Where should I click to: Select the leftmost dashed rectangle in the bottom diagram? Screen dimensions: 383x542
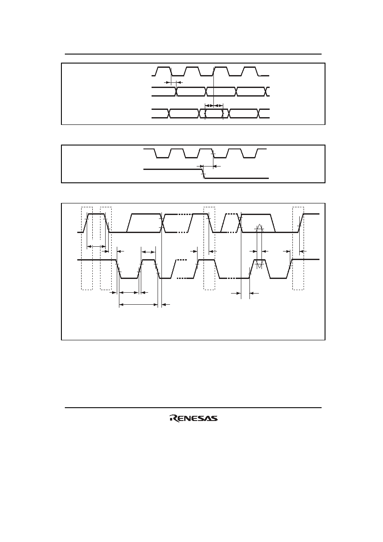pyautogui.click(x=87, y=248)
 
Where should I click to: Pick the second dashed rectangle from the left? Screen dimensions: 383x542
pyautogui.click(x=106, y=248)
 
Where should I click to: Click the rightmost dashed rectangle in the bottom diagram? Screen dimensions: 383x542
pyautogui.click(x=298, y=248)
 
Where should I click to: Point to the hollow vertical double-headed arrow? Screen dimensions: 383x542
pyautogui.click(x=259, y=246)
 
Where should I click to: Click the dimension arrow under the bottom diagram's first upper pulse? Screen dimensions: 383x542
pyautogui.click(x=96, y=247)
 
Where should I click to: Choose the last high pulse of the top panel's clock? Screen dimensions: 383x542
pyautogui.click(x=250, y=71)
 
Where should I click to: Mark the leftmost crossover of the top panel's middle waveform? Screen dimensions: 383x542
pyautogui.click(x=176, y=91)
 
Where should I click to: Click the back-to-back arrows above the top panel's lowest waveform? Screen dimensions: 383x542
pyautogui.click(x=214, y=106)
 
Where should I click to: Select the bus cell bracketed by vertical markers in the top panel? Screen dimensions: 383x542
pyautogui.click(x=214, y=114)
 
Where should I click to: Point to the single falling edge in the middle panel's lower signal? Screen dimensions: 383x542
pyautogui.click(x=204, y=174)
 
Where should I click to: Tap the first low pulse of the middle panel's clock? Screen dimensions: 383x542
pyautogui.click(x=162, y=153)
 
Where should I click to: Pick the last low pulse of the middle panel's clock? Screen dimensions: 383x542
pyautogui.click(x=249, y=153)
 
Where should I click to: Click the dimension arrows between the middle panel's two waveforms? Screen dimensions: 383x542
pyautogui.click(x=208, y=166)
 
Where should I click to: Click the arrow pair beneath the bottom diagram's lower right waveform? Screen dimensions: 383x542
pyautogui.click(x=245, y=293)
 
